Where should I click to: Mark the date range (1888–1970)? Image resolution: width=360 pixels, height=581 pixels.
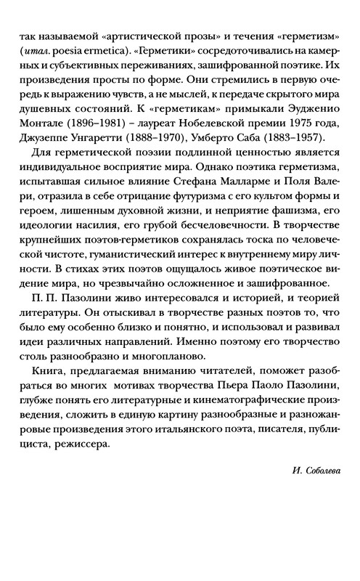tap(165, 151)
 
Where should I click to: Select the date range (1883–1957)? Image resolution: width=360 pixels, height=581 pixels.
tap(305, 151)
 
